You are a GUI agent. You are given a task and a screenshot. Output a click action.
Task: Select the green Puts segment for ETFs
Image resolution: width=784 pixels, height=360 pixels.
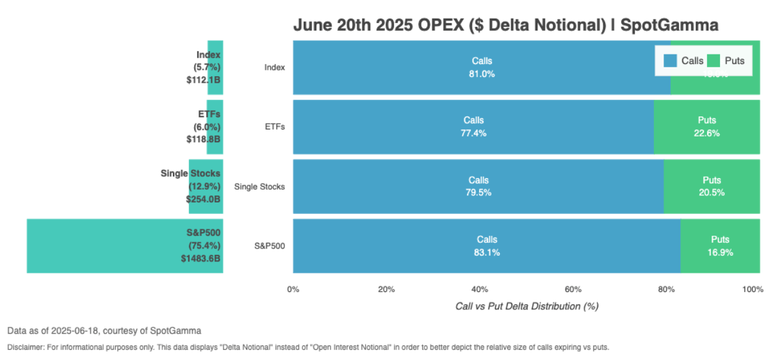tap(706, 127)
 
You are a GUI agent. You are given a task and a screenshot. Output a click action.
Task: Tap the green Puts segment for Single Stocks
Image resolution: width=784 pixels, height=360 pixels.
tap(711, 186)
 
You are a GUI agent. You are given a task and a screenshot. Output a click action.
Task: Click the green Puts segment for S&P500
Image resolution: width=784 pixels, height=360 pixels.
tap(720, 246)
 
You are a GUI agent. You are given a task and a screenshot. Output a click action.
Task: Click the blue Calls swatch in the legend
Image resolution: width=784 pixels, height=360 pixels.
tap(671, 61)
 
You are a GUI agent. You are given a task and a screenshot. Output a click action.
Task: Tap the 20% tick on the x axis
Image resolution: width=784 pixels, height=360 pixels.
tap(386, 290)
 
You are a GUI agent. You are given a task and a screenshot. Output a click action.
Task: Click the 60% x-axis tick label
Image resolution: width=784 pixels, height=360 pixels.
tap(573, 290)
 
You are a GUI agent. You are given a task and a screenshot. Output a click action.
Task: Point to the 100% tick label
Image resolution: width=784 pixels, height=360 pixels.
tap(753, 290)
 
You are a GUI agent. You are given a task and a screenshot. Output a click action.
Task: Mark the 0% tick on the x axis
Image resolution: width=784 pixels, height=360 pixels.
tap(293, 290)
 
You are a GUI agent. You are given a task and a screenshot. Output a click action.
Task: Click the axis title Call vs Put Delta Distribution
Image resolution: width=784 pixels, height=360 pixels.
tap(527, 306)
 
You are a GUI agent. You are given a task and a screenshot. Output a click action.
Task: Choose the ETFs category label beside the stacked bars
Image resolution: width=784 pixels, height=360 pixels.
tap(275, 127)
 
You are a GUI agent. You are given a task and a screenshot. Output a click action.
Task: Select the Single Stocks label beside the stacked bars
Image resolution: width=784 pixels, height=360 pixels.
tap(259, 186)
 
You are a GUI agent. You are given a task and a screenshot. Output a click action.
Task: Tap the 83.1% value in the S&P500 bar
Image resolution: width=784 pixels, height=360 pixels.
tap(487, 252)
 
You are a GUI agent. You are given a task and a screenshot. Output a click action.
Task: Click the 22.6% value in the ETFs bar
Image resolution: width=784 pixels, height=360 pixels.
tap(707, 133)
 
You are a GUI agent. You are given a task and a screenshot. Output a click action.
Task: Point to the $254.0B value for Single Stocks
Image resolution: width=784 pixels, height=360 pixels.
tap(203, 199)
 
